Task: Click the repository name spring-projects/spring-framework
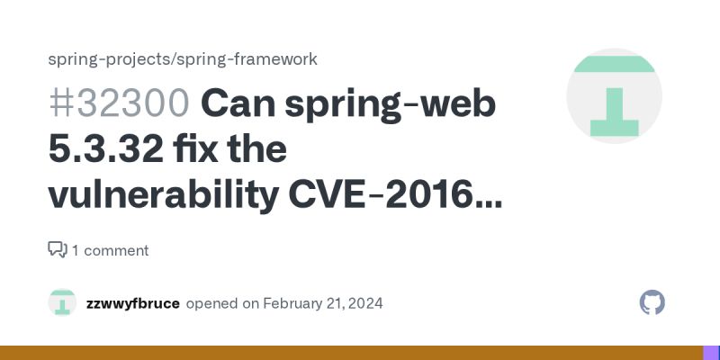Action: tap(182, 59)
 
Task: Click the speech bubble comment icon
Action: tap(57, 249)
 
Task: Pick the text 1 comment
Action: tap(110, 250)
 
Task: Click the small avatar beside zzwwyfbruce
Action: tap(62, 302)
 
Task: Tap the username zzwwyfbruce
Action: tap(132, 303)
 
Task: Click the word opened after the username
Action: tap(212, 303)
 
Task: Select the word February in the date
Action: tap(294, 303)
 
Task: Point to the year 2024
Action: tap(364, 303)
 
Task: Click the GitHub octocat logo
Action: tap(652, 302)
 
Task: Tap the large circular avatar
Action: tap(614, 96)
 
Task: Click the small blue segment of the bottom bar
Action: tap(711, 353)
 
